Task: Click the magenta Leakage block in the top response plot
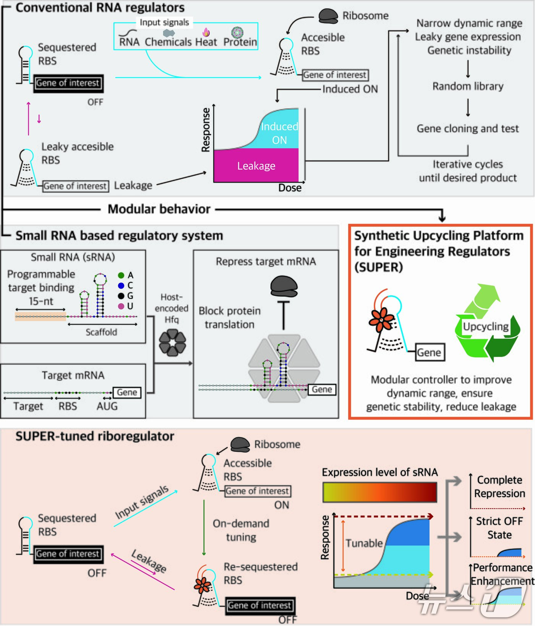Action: tap(256, 165)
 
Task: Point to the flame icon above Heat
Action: tap(206, 32)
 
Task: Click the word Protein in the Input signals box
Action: tap(240, 42)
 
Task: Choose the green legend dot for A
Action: tap(121, 275)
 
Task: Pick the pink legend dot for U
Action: tap(121, 306)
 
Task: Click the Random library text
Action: tap(468, 86)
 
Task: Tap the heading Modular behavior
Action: tap(159, 209)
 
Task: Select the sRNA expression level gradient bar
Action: tap(379, 492)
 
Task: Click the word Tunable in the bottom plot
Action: tap(364, 543)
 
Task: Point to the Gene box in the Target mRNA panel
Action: tap(127, 392)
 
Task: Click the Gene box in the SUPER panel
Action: tap(429, 352)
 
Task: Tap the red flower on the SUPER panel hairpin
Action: tap(381, 319)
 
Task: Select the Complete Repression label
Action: tap(499, 487)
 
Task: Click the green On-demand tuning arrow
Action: tap(204, 527)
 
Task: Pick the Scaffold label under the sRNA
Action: tap(101, 332)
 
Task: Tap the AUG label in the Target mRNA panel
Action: tap(107, 406)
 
